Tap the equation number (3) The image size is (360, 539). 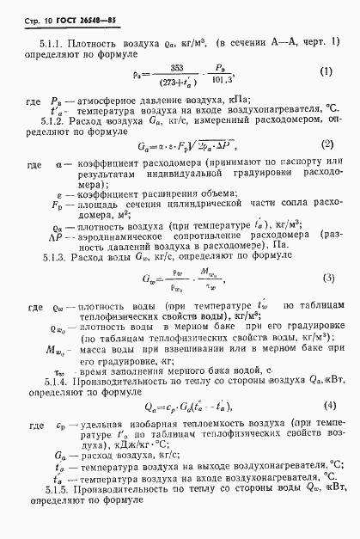pos(327,278)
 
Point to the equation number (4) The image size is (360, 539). pos(326,404)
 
